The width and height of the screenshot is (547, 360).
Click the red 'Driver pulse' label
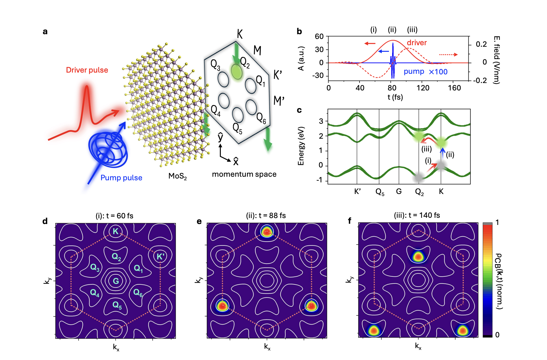[x=87, y=70]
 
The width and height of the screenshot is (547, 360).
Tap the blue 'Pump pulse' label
[x=121, y=178]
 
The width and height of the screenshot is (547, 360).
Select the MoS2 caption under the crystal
[x=177, y=176]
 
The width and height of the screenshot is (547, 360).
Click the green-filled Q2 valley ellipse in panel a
[x=237, y=72]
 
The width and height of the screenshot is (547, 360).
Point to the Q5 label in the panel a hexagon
[x=237, y=129]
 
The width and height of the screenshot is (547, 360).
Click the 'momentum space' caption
[x=244, y=174]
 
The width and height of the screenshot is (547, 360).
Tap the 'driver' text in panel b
[x=417, y=43]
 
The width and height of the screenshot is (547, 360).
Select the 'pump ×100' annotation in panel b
[x=425, y=72]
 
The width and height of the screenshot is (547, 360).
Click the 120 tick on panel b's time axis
[x=423, y=88]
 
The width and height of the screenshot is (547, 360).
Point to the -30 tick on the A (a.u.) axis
[x=318, y=76]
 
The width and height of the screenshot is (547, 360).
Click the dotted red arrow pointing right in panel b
[x=448, y=54]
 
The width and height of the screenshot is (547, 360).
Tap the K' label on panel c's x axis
[x=357, y=191]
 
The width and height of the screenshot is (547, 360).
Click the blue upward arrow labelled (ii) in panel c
[x=443, y=154]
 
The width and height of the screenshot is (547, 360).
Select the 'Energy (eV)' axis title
[x=301, y=146]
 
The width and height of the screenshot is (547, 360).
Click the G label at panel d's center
[x=116, y=281]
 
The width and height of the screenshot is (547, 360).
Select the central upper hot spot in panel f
[x=418, y=256]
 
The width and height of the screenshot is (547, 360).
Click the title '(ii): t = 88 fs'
[x=266, y=215]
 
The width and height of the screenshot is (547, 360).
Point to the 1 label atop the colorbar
[x=497, y=223]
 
